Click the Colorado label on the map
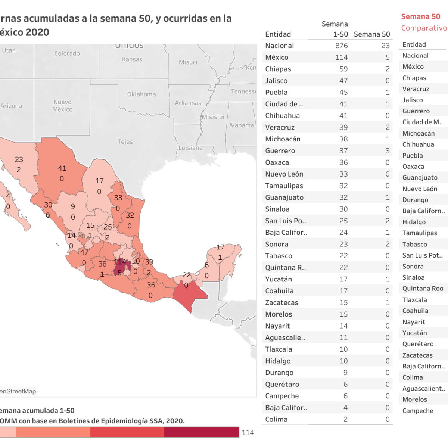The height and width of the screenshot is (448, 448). (67, 53)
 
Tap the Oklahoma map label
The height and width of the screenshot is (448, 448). (141, 94)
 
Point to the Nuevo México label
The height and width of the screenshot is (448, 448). (62, 106)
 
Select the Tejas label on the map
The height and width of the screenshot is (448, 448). (125, 142)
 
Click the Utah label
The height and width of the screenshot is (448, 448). (9, 50)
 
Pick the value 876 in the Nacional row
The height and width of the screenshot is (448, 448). (341, 46)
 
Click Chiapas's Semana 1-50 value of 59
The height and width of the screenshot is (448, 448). (343, 69)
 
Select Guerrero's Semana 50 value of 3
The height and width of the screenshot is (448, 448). (387, 151)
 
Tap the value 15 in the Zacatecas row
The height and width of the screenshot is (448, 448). (343, 302)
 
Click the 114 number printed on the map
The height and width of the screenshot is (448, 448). (120, 262)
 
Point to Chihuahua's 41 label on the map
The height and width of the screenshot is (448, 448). (62, 168)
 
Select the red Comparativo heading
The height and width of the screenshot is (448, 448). (424, 28)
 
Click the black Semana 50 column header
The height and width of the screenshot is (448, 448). (372, 34)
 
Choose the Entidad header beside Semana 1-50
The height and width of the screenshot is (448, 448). (278, 34)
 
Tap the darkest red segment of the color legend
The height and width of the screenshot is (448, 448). (201, 432)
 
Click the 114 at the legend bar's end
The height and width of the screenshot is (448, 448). (248, 433)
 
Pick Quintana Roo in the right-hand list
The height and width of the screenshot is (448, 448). (423, 289)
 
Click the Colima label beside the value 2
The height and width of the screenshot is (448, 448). (276, 419)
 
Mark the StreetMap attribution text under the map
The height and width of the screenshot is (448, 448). (18, 391)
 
